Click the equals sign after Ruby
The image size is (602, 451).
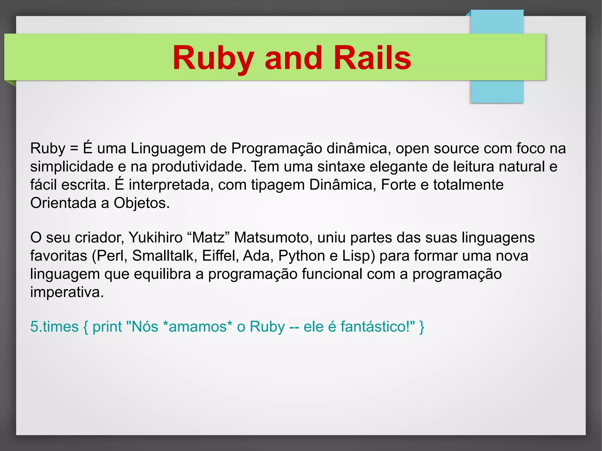tap(74, 148)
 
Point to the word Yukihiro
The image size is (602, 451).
tap(155, 237)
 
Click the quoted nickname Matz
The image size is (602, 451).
tap(208, 237)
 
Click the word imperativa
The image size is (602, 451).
tap(67, 292)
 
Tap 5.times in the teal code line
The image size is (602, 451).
tap(54, 327)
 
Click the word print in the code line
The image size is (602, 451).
tap(107, 327)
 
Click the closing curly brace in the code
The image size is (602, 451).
tap(422, 327)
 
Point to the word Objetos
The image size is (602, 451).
tap(141, 203)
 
